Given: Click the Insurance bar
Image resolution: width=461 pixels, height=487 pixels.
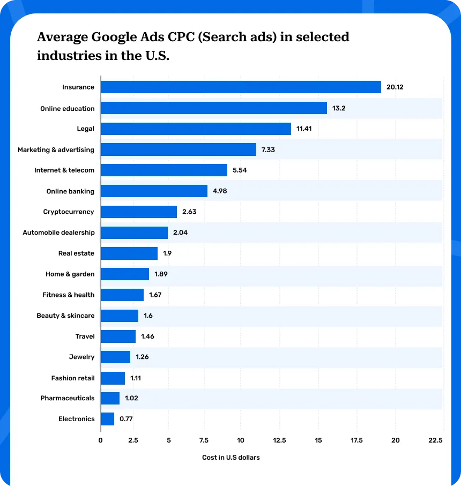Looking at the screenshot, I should [241, 87].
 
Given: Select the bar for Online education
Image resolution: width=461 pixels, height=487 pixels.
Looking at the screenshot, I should [214, 108].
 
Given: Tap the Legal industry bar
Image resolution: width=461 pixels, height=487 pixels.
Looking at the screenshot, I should [196, 129].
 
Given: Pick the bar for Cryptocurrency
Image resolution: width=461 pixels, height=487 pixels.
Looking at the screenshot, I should [139, 212].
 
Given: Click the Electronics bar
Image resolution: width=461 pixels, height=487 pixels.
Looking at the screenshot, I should [107, 419].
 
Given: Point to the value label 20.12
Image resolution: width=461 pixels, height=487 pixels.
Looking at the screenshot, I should [395, 87].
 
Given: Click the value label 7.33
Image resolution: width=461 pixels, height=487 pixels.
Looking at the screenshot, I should [268, 149].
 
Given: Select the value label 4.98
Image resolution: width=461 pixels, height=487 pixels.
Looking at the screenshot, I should [220, 191].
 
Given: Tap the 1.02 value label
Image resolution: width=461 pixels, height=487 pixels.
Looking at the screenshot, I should [131, 399].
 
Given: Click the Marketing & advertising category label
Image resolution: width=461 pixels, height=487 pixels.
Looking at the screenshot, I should [56, 149].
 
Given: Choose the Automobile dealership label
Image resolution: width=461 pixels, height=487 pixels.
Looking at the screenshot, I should [58, 233].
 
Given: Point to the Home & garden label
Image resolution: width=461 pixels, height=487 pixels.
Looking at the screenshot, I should [70, 274].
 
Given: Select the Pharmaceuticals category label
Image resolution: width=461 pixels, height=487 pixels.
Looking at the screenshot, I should [67, 398].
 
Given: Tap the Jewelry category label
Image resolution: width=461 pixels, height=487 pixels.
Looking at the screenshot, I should [81, 357].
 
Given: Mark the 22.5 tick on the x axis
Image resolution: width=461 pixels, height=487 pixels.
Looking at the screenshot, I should [436, 440].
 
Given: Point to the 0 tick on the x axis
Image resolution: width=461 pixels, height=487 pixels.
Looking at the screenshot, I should [101, 440].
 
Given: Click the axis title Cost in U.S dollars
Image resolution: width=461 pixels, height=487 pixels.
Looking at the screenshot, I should [230, 458].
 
